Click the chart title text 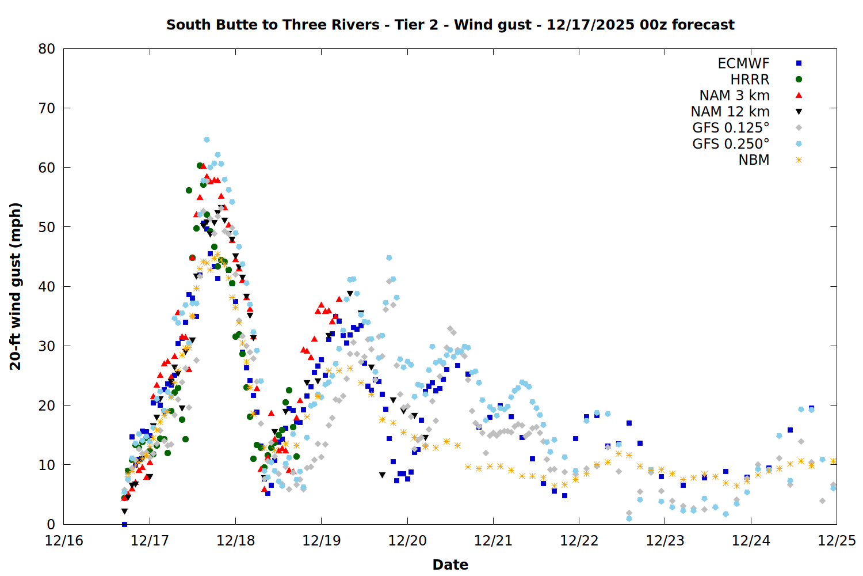pyautogui.click(x=450, y=25)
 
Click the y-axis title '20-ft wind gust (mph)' pyautogui.click(x=16, y=286)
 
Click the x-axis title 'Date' pyautogui.click(x=450, y=564)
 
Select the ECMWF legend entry pyautogui.click(x=743, y=63)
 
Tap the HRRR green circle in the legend pyautogui.click(x=799, y=79)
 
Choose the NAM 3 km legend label pyautogui.click(x=734, y=96)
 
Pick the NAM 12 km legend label pyautogui.click(x=730, y=112)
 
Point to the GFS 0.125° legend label pyautogui.click(x=731, y=128)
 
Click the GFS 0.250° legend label pyautogui.click(x=731, y=144)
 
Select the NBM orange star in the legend pyautogui.click(x=799, y=160)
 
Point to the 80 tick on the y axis pyautogui.click(x=47, y=49)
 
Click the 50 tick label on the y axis pyautogui.click(x=47, y=227)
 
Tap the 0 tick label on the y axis pyautogui.click(x=51, y=524)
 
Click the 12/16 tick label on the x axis pyautogui.click(x=64, y=541)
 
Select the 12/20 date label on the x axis pyautogui.click(x=407, y=541)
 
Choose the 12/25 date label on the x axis pyautogui.click(x=837, y=541)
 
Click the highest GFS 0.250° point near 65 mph pyautogui.click(x=207, y=140)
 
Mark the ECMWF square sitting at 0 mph pyautogui.click(x=124, y=524)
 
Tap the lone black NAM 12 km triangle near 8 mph pyautogui.click(x=382, y=475)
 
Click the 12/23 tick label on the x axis pyautogui.click(x=665, y=541)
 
